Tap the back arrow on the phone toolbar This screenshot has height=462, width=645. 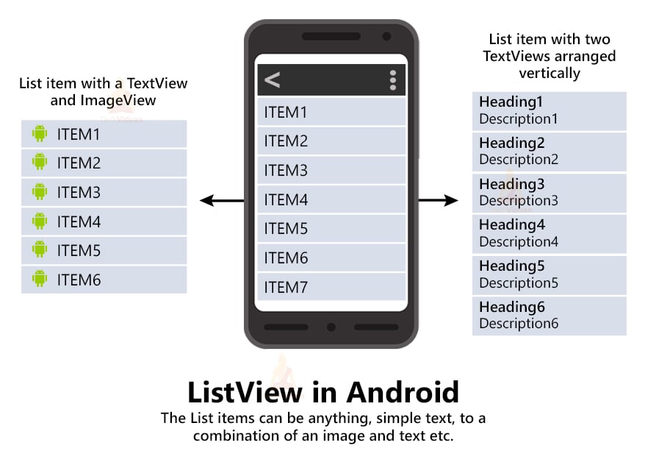[x=273, y=80]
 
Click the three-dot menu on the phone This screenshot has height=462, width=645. [x=393, y=80]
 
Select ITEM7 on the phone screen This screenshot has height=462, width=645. [x=286, y=288]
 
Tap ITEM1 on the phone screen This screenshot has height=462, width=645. [x=286, y=113]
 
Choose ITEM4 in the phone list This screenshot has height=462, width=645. [x=286, y=200]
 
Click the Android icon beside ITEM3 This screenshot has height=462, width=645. [x=40, y=192]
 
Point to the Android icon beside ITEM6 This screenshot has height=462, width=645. [x=40, y=279]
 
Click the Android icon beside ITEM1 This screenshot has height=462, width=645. [x=40, y=133]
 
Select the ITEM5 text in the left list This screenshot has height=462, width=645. [x=79, y=250]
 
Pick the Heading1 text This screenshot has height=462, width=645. [x=511, y=102]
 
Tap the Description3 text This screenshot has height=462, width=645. [x=519, y=200]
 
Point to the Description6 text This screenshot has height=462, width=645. [x=519, y=323]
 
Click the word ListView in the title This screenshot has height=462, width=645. [x=245, y=392]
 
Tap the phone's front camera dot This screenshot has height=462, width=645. [x=386, y=36]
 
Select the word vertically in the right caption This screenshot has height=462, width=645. [x=549, y=73]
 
